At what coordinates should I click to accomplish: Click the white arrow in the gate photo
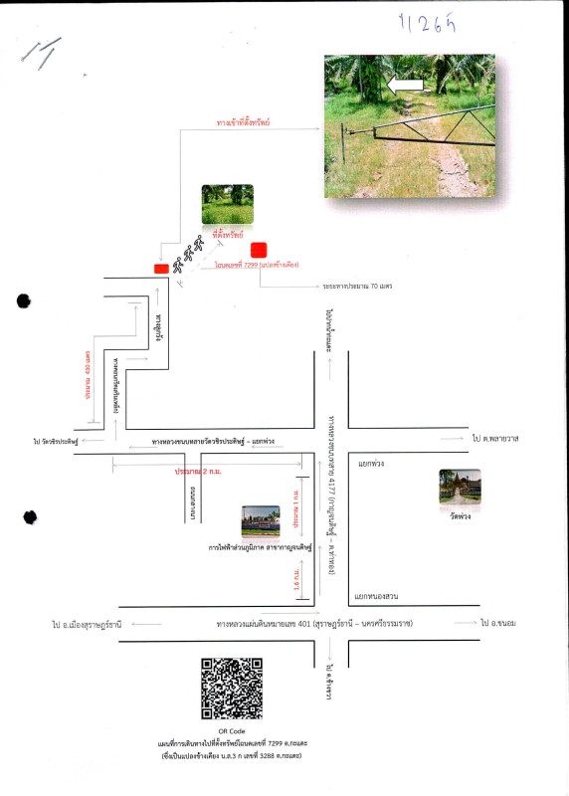point(405,87)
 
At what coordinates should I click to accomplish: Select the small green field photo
point(227,204)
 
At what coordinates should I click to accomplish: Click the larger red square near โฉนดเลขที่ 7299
point(260,250)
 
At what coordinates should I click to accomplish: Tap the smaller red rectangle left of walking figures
point(160,268)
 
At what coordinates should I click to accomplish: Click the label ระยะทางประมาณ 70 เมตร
point(357,286)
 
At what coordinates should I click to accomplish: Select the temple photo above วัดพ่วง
point(460,487)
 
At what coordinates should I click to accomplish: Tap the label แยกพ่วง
point(371,464)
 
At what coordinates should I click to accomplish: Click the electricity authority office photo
point(261,521)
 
